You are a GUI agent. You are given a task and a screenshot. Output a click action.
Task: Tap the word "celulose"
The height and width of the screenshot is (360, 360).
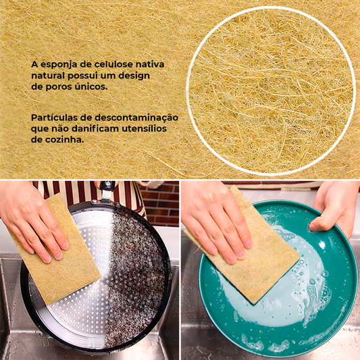107,64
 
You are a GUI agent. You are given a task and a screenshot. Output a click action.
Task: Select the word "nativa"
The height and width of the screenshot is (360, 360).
150,64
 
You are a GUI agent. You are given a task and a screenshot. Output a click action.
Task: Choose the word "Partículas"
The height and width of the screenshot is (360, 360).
54,118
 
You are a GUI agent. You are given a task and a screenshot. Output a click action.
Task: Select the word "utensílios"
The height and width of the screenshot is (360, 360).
144,128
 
